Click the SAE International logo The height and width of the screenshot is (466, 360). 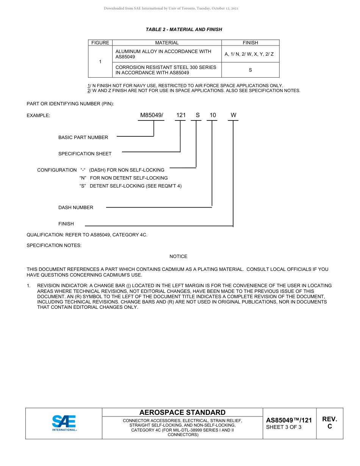point(64,423)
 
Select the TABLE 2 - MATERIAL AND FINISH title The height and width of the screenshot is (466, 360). point(184,30)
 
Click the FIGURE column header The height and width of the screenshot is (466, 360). point(100,43)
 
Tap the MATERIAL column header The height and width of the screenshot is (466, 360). point(167,43)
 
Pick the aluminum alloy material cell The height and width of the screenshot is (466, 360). point(167,54)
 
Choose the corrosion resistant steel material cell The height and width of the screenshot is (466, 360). point(167,70)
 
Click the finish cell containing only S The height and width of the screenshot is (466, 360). point(250,70)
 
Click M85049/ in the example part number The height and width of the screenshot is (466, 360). point(152,115)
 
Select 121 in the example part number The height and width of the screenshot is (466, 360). point(181,115)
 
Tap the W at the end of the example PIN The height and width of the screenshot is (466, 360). point(233,115)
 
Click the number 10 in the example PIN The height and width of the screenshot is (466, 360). point(213,115)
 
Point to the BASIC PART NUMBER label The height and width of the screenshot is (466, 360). point(83,138)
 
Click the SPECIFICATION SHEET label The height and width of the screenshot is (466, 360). point(85,154)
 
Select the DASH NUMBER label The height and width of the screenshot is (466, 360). point(76,208)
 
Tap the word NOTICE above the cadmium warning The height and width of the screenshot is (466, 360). point(178,256)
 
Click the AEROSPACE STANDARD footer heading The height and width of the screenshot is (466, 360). point(182,413)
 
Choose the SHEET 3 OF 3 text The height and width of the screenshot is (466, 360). point(284,427)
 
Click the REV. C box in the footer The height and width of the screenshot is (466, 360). point(329,423)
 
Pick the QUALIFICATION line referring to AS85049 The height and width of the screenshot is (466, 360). point(87,235)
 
